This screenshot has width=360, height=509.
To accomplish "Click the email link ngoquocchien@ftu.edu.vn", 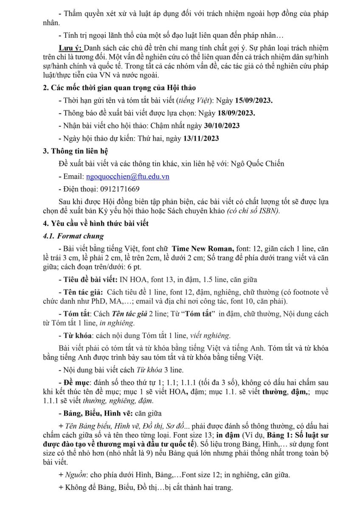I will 127,177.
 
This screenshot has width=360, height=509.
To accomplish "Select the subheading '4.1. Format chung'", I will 73,236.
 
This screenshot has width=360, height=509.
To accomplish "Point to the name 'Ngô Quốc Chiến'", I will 260,164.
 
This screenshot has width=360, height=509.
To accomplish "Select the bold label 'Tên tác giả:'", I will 82,292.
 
